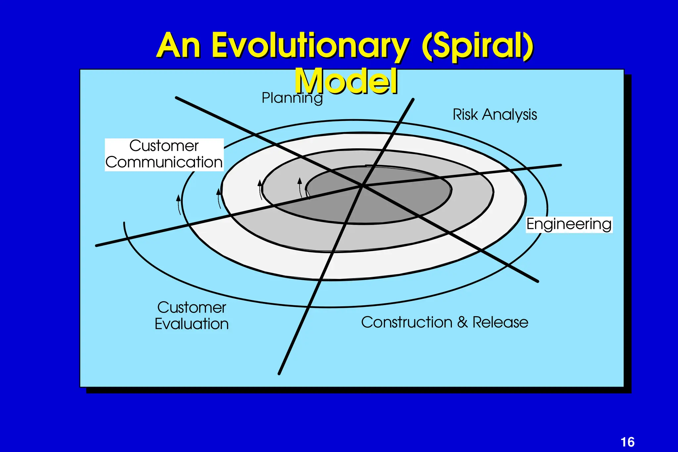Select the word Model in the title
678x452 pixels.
[346, 81]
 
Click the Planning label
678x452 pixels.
[292, 98]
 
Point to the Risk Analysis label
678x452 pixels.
[495, 115]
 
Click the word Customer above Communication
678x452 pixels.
[164, 146]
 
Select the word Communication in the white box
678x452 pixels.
[164, 162]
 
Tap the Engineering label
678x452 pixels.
[569, 224]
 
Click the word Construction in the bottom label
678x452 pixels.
[407, 322]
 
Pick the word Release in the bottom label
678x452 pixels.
[500, 322]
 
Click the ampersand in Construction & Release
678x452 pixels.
[462, 322]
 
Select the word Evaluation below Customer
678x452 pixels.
[192, 324]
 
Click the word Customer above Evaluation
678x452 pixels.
[192, 308]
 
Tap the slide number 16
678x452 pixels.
[627, 442]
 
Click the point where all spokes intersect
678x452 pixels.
[363, 186]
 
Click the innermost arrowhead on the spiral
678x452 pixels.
[300, 180]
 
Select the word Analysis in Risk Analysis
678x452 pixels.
[509, 115]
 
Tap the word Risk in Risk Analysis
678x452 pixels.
[465, 115]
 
